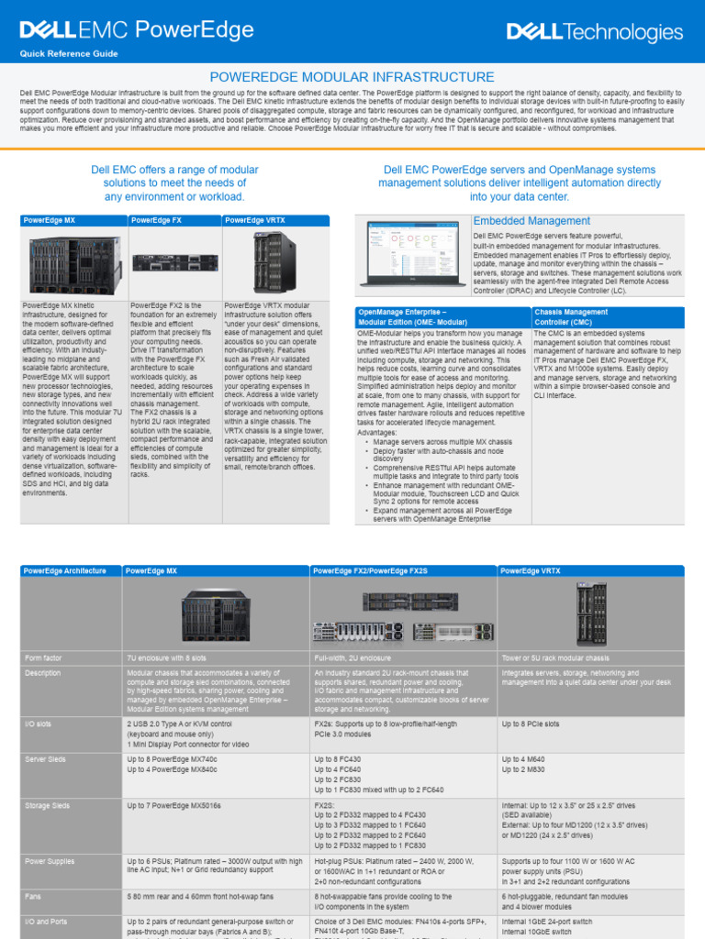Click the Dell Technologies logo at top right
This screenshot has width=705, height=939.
point(595,33)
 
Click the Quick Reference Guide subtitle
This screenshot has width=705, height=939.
point(69,54)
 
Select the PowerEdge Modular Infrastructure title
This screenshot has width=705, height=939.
point(352,77)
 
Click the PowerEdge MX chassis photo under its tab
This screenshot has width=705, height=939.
point(74,263)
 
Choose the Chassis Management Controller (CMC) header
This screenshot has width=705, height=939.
point(571,316)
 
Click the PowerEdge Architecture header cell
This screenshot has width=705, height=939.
point(64,570)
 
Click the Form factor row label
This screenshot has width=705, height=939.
point(45,658)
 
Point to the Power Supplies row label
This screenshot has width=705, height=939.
point(50,861)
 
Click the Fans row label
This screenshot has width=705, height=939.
point(35,895)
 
